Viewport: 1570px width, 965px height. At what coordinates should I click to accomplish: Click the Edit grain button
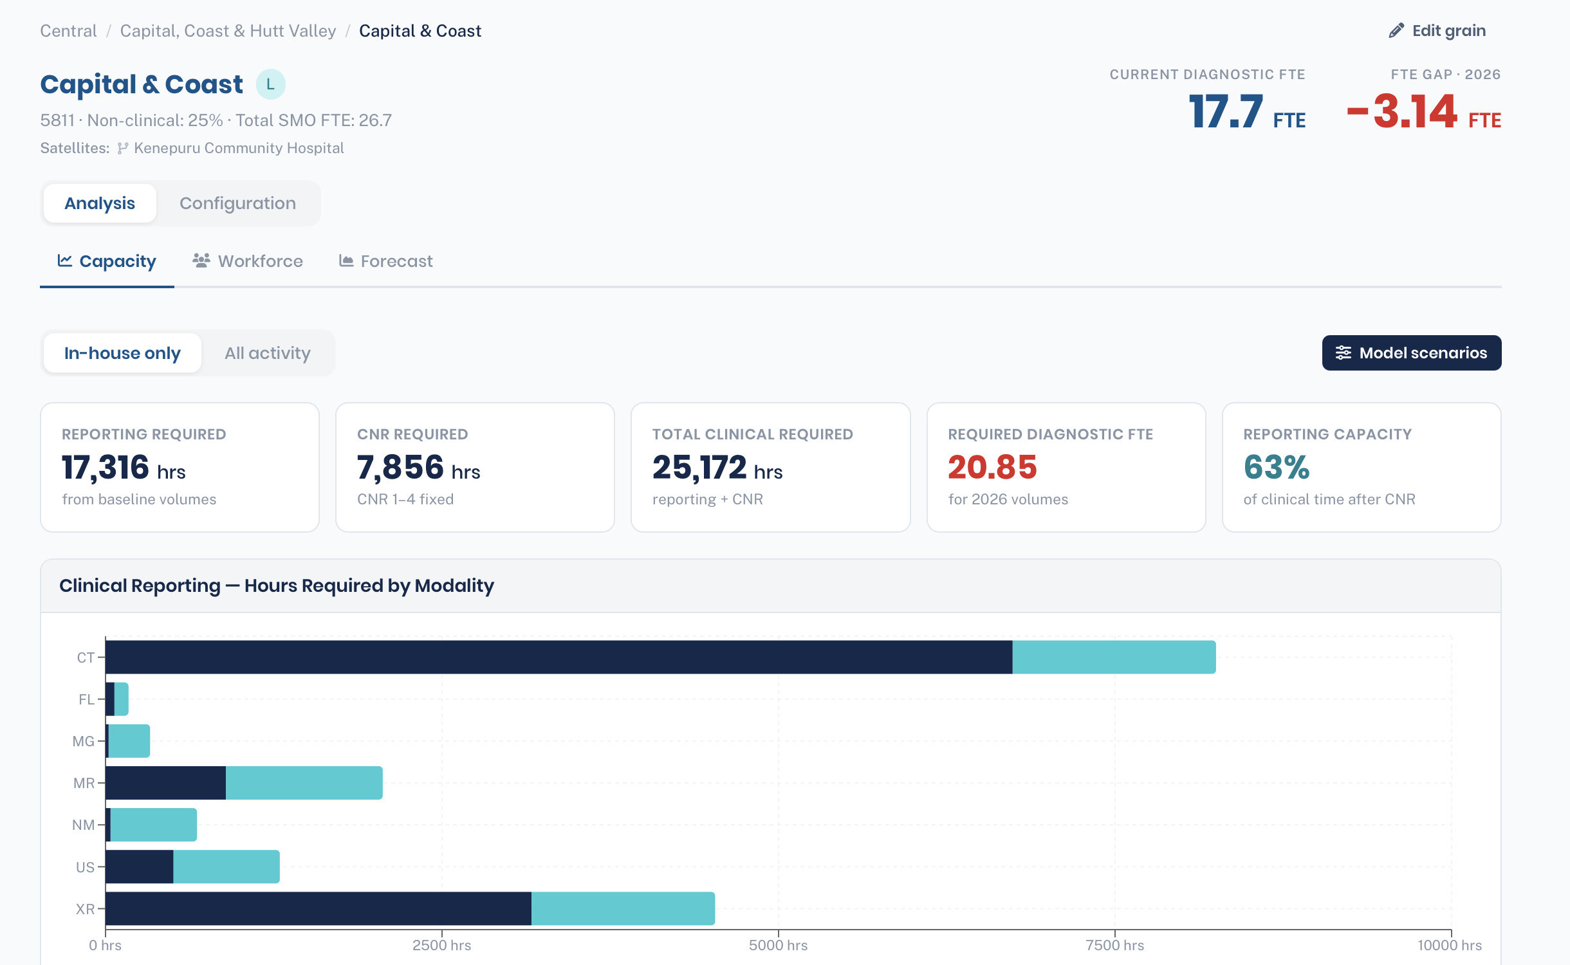tap(1437, 31)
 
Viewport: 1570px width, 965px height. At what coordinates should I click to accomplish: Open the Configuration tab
tap(237, 203)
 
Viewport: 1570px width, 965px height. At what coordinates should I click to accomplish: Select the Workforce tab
tap(248, 261)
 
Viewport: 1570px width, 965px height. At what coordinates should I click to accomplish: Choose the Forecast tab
tap(386, 261)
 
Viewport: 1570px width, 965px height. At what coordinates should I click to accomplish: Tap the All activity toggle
tap(268, 353)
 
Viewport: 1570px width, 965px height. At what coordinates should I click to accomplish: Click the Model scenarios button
tap(1412, 353)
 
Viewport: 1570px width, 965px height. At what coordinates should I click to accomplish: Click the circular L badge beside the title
tap(270, 84)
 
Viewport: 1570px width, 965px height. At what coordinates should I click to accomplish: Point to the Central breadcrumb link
tap(68, 31)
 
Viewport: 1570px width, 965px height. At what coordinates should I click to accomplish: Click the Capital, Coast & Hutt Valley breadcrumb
tap(228, 31)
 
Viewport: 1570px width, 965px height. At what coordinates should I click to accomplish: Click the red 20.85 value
tap(992, 468)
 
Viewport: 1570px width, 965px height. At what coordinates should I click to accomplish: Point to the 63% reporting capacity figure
tap(1277, 468)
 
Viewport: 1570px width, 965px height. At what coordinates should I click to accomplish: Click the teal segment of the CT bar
tap(1114, 657)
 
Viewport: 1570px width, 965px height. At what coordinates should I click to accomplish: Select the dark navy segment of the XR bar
tap(319, 908)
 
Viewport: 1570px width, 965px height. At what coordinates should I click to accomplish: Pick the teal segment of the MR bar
tap(304, 783)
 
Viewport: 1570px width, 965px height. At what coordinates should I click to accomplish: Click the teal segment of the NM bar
tap(154, 825)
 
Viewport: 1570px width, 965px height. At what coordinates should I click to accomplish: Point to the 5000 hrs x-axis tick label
tap(778, 945)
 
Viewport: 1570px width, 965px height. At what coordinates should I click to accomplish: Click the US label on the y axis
tap(85, 867)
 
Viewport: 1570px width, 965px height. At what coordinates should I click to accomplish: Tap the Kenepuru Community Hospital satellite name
tap(239, 148)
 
